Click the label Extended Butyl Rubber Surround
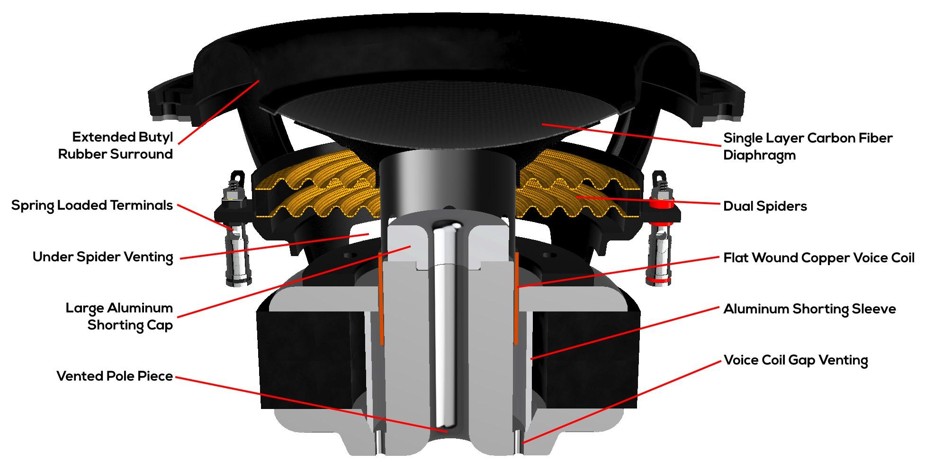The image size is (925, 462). point(116,146)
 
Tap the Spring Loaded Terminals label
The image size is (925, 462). point(92,205)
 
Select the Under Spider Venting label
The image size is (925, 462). point(103,257)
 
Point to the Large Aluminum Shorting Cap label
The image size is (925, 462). point(119,317)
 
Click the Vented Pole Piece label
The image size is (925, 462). point(115,376)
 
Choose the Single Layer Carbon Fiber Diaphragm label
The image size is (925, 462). point(808,146)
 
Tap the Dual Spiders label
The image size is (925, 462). point(765,206)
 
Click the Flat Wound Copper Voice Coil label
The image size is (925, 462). point(819,258)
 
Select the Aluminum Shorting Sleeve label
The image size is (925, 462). point(809,309)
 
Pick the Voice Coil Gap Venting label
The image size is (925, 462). point(796,360)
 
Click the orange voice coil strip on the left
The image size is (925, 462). point(380,298)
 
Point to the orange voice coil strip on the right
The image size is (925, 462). point(516,298)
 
